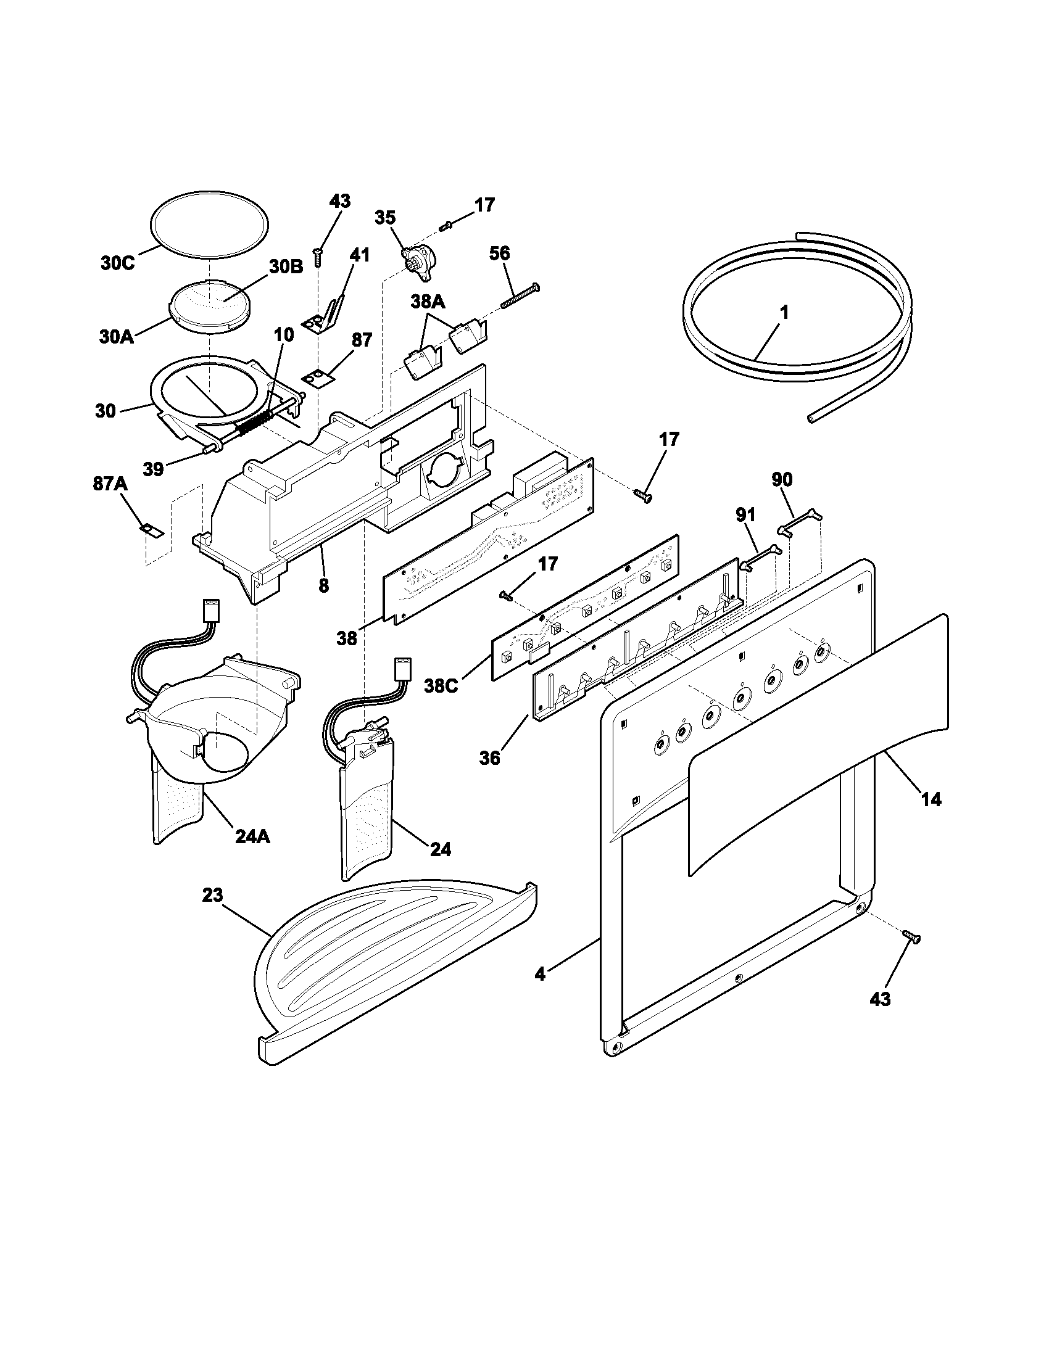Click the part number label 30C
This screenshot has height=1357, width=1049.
pos(117,263)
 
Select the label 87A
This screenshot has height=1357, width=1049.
pos(110,484)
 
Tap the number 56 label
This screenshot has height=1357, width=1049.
pos(500,253)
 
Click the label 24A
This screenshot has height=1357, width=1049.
pos(252,837)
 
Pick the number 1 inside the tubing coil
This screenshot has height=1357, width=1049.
pos(784,313)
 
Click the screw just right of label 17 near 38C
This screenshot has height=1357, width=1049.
pos(505,596)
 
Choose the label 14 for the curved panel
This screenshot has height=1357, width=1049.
pos(931,799)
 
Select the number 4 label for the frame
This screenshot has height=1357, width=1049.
pos(540,974)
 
